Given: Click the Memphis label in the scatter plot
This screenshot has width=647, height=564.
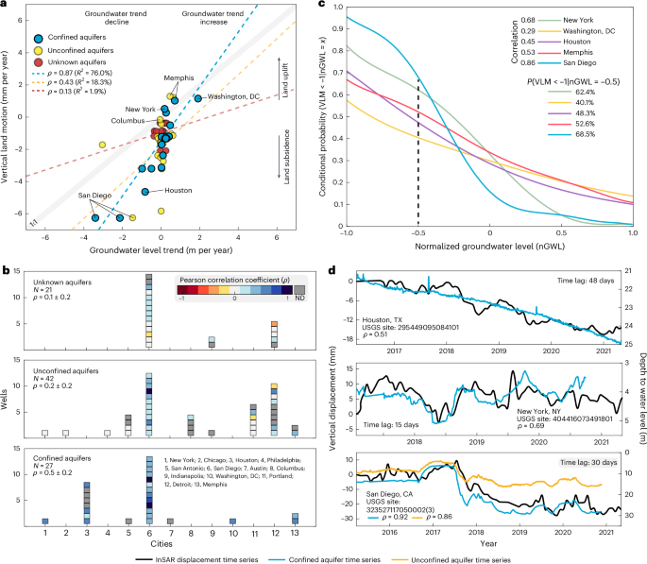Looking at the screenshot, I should (178, 77).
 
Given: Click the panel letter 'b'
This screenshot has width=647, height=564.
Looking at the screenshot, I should (7, 268).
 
